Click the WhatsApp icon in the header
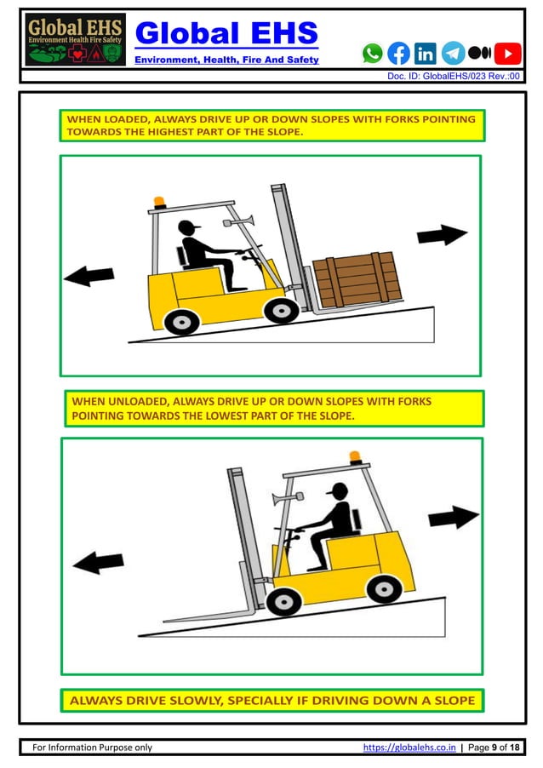pos(373,54)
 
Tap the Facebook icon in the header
pos(398,54)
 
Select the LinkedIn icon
pos(426,54)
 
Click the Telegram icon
pos(453,54)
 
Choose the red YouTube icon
pos(507,54)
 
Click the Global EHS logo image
pos(75,40)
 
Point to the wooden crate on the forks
pos(356,278)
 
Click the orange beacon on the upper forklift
pos(159,203)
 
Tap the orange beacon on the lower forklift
pos(355,458)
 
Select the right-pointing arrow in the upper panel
pos(443,235)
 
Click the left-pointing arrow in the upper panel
pos(89,275)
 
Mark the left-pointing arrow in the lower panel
pos(98,562)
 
